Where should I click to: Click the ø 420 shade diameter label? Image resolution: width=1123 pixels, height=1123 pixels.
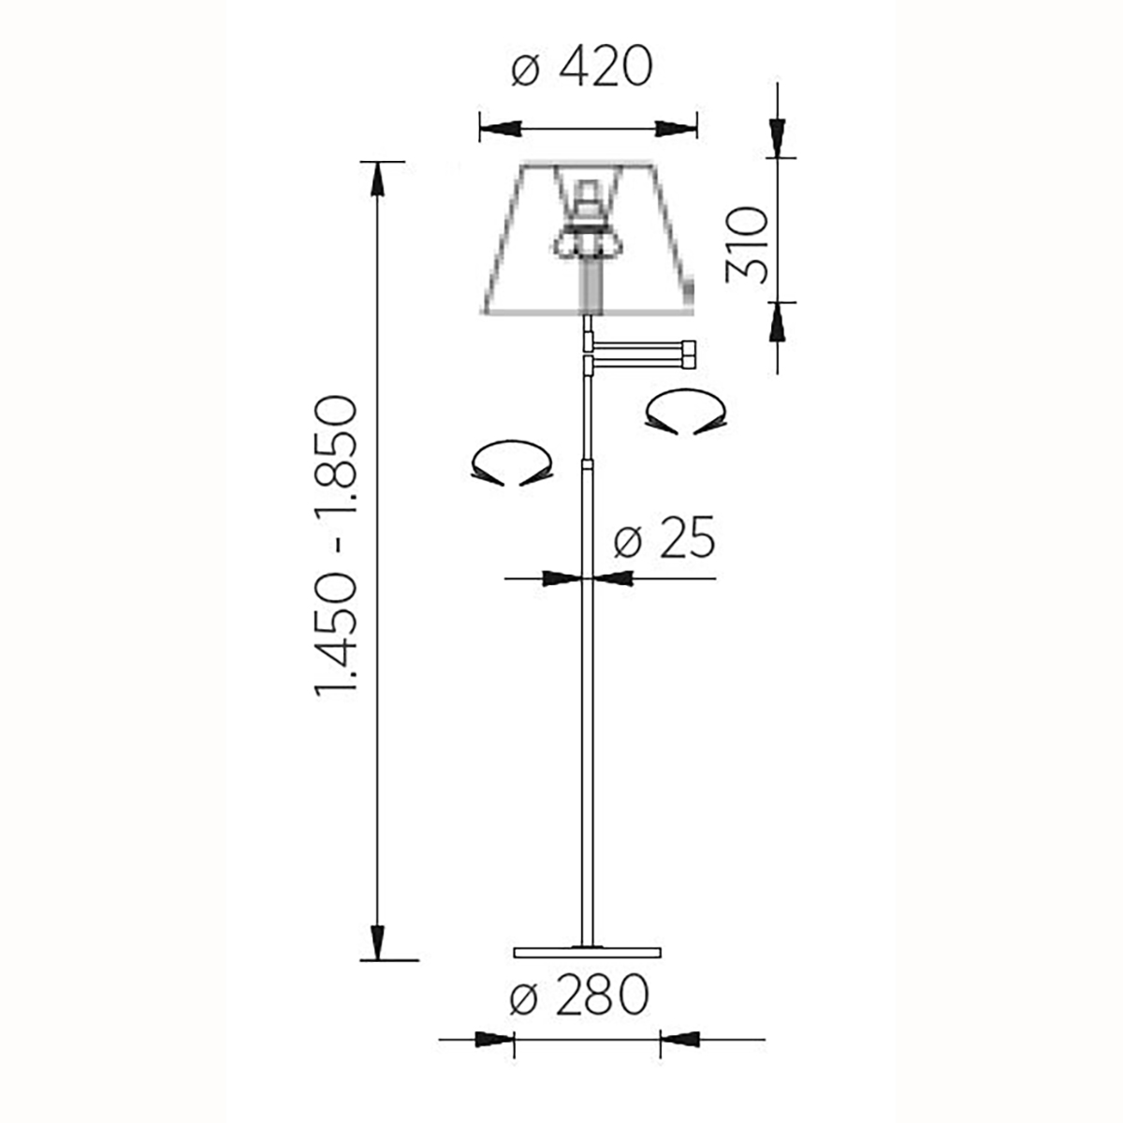click(x=581, y=66)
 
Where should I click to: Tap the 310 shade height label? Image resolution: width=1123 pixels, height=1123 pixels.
click(x=747, y=245)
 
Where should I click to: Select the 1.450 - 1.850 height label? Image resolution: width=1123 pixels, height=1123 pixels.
click(x=335, y=547)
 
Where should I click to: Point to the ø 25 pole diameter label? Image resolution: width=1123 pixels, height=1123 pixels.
click(x=664, y=537)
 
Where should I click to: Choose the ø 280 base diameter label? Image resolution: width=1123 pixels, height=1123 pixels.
click(x=578, y=995)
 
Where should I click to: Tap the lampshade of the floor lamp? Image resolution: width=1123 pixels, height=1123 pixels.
click(x=589, y=238)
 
